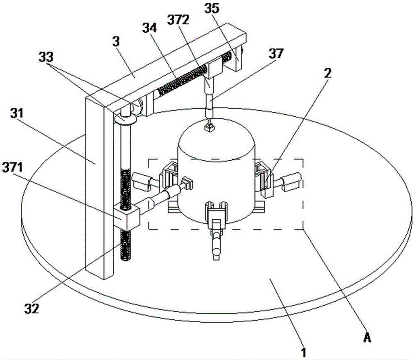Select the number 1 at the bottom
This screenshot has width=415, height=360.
pos(303,353)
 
